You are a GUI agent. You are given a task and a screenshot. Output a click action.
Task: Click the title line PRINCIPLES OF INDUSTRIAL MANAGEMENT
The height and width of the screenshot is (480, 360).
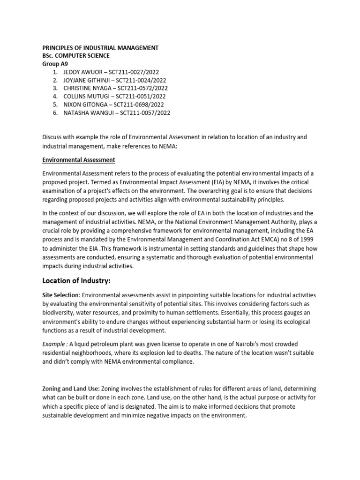(100, 48)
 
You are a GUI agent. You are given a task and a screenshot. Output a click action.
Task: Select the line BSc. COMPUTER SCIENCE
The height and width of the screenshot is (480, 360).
(75, 56)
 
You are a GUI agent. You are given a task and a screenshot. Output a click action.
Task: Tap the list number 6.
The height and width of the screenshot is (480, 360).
(54, 112)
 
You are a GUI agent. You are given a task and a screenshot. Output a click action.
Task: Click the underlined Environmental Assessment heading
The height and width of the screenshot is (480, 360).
(79, 160)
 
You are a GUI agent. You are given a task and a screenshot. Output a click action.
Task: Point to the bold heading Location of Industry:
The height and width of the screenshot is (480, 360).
(77, 281)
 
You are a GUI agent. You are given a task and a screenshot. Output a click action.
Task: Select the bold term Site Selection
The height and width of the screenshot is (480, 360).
(61, 295)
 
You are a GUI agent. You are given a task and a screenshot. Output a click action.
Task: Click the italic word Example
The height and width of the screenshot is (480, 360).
(54, 344)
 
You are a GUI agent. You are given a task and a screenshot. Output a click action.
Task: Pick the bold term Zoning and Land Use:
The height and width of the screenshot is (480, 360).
(71, 389)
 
